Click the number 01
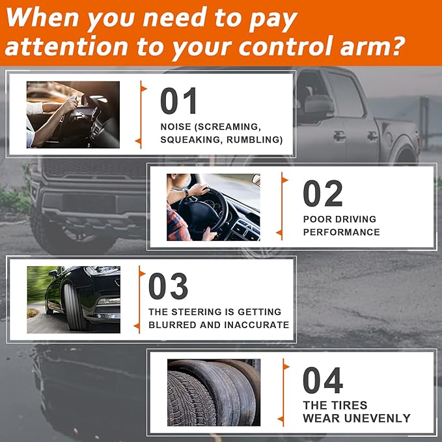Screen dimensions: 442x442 178,101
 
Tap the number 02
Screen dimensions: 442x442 323,193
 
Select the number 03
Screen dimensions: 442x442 168,286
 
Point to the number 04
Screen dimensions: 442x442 323,380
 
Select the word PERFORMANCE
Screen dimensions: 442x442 341,232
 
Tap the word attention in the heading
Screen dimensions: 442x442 66,46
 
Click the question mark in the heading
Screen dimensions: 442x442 395,44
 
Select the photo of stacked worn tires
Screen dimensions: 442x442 214,393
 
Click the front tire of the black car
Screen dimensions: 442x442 74,307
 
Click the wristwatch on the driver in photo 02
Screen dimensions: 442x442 186,193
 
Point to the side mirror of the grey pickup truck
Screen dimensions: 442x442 318,105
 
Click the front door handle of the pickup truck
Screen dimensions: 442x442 339,136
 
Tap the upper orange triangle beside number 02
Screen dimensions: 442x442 284,180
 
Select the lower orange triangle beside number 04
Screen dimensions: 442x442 281,419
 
